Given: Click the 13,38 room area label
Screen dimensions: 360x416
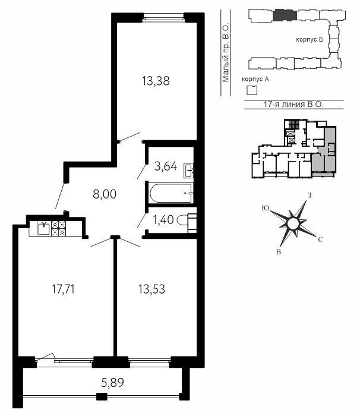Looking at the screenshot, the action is pyautogui.click(x=156, y=81).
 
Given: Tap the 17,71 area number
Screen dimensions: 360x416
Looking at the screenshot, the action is pyautogui.click(x=63, y=289).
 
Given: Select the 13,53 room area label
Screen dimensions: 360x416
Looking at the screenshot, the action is pyautogui.click(x=151, y=289).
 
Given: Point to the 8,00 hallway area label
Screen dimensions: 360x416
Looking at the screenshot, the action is pyautogui.click(x=105, y=194).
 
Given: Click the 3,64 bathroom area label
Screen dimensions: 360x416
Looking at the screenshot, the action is pyautogui.click(x=166, y=166).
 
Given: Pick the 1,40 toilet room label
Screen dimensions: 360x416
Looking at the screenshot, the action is pyautogui.click(x=163, y=220).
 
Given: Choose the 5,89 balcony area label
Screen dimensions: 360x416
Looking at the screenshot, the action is pyautogui.click(x=112, y=383).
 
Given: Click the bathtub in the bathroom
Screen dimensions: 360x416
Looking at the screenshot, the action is pyautogui.click(x=171, y=193).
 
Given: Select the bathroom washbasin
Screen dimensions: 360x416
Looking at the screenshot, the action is pyautogui.click(x=188, y=171).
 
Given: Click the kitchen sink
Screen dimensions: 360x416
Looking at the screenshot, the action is pyautogui.click(x=44, y=228).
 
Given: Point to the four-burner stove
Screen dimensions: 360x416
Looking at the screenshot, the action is pyautogui.click(x=58, y=228).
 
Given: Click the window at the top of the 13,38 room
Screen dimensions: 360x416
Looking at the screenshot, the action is pyautogui.click(x=163, y=18).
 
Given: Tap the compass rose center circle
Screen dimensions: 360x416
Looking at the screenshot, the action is pyautogui.click(x=293, y=223).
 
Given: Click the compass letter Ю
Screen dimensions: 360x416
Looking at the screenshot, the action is pyautogui.click(x=266, y=208).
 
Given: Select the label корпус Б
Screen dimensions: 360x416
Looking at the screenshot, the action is pyautogui.click(x=310, y=40).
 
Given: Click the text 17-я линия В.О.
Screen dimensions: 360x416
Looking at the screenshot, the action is pyautogui.click(x=293, y=104).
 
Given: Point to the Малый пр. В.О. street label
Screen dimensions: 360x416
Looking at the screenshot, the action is pyautogui.click(x=226, y=53).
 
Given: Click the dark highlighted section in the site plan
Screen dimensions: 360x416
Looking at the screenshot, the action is pyautogui.click(x=285, y=15).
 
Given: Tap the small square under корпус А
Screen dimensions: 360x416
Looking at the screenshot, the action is pyautogui.click(x=252, y=90).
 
